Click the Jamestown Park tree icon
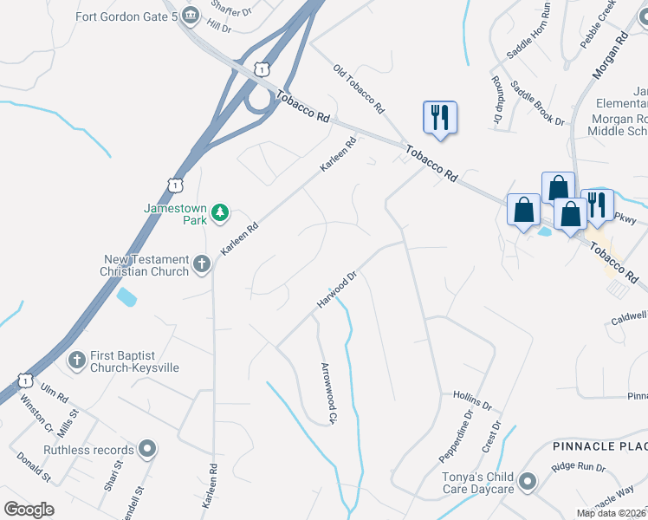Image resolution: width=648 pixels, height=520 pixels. point(221,211)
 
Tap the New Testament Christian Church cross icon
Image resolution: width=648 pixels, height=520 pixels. point(202,263)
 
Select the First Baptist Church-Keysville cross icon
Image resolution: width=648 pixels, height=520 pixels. point(77,359)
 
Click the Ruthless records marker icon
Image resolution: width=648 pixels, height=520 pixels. point(148,449)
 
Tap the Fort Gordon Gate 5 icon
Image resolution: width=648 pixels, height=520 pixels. point(191,15)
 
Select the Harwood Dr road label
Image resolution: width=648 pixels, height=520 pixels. point(338,291)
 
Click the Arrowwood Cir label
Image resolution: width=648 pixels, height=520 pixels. point(327,393)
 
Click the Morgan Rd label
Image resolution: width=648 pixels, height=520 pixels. point(609,55)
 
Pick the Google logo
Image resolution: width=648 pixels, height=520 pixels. point(29,510)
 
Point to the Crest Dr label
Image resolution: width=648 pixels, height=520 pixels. point(491,437)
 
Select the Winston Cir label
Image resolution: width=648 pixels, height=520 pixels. point(36,416)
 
